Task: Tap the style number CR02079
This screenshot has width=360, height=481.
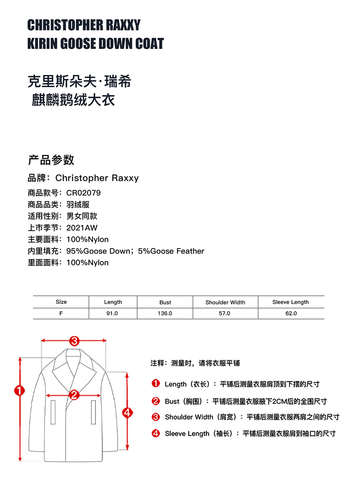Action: coord(84,193)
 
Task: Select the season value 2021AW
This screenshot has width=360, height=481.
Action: coord(82,228)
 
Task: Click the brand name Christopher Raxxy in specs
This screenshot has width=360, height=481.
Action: coord(97,178)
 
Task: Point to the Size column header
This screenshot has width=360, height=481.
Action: coord(61,302)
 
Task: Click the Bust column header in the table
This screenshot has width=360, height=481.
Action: coord(165,302)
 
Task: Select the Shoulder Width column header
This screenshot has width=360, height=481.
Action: coord(225,302)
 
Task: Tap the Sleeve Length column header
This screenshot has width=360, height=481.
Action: coord(291,302)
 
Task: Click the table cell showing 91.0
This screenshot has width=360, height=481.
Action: coord(112,313)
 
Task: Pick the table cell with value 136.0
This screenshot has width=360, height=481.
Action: coord(165,313)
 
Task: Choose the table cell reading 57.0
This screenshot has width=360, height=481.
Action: coord(224,313)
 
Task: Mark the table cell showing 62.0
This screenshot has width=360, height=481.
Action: coord(291,313)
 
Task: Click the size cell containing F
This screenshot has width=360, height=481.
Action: coord(61,313)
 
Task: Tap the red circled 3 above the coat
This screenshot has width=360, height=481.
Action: coord(74,340)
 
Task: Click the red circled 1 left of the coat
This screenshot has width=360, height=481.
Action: coord(19,390)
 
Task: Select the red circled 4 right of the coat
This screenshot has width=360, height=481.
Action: coord(127,413)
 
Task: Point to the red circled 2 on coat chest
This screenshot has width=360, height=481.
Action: coord(74,395)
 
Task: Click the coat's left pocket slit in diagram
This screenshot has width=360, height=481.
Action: coord(53,412)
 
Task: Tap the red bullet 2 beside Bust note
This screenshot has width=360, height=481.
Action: coord(156,401)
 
